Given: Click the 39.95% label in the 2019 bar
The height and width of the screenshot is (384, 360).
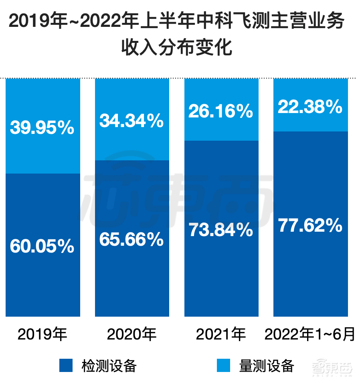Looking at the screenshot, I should [x=42, y=128].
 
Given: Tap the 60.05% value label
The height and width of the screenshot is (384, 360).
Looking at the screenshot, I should [x=42, y=246].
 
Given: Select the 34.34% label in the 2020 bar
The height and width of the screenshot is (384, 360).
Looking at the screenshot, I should [x=131, y=120].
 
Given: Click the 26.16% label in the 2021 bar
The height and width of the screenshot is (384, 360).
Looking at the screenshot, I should [x=221, y=111].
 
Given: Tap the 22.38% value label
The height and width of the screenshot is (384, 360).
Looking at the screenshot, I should [x=310, y=107].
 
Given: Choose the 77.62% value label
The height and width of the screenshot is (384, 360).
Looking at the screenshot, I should [x=310, y=226].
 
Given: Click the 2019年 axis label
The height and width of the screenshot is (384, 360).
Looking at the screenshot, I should [x=42, y=334].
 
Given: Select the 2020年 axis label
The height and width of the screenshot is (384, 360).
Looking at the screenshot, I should [x=131, y=334].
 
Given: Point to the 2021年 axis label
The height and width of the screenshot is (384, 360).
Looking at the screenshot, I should [x=221, y=334].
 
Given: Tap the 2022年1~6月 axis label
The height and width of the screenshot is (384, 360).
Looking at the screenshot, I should [x=310, y=334].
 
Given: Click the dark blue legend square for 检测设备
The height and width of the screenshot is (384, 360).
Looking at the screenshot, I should [x=66, y=366].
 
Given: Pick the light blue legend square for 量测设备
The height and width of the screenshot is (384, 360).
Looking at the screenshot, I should [x=224, y=366].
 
